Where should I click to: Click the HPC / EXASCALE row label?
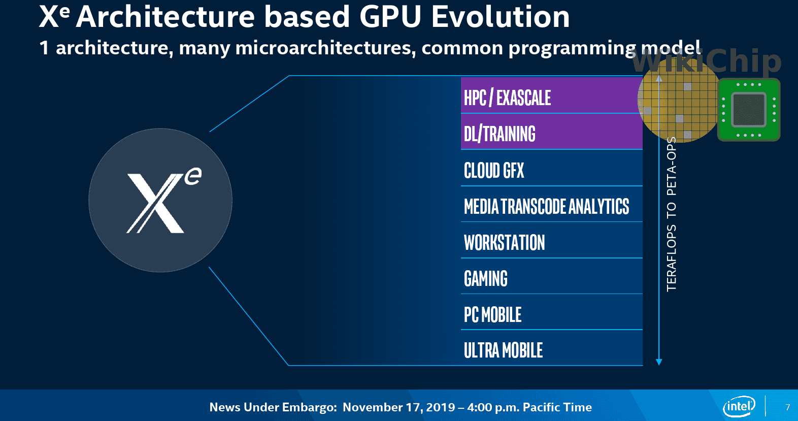coord(507,98)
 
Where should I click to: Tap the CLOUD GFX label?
coord(494,171)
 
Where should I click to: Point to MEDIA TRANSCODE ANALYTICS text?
coord(546,207)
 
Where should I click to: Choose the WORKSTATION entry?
coord(504,243)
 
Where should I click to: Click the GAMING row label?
coord(486,279)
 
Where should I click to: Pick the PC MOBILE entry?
coord(492,315)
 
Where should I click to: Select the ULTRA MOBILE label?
coord(503,350)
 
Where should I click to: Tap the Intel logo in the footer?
coord(739,406)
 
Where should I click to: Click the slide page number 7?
coord(787,407)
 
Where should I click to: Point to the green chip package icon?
coord(748,110)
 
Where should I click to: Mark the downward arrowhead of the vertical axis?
coord(659,362)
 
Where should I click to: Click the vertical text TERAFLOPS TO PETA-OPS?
coord(672,214)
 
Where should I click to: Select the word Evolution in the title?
coord(501,16)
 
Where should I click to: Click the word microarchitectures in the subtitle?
coord(325,48)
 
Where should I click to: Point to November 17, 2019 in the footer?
coord(398,407)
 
